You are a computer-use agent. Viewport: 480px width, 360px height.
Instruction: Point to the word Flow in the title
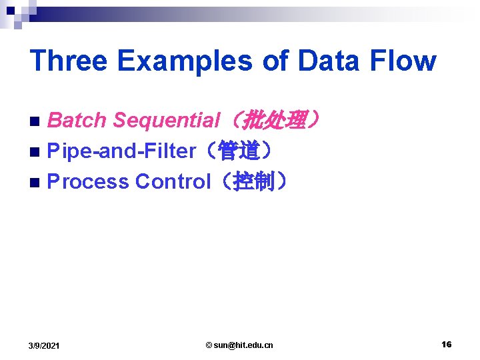click(404, 61)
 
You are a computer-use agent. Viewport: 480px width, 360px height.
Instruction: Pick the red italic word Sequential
click(167, 121)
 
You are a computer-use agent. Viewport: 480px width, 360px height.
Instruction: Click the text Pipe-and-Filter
click(121, 151)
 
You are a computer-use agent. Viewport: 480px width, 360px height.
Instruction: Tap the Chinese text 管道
click(239, 151)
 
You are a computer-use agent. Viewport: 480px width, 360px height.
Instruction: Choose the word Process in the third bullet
click(88, 181)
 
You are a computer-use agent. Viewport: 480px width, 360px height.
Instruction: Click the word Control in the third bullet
click(173, 181)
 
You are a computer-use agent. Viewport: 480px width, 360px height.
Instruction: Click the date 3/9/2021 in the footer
click(44, 345)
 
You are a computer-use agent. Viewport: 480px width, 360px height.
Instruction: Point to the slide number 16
click(446, 344)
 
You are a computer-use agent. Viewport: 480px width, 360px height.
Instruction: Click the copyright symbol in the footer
click(209, 345)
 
